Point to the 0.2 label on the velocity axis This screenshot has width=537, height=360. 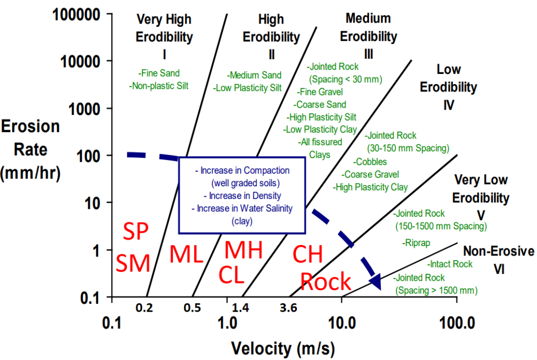click(x=144, y=308)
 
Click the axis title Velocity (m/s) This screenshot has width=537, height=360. click(x=284, y=347)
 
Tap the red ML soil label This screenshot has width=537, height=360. click(x=186, y=255)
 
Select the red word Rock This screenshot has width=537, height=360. click(x=325, y=282)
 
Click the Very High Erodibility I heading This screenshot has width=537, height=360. click(x=164, y=37)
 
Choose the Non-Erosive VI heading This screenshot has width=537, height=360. click(x=498, y=260)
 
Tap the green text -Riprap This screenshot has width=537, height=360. click(x=417, y=242)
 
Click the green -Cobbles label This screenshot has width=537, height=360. click(x=372, y=162)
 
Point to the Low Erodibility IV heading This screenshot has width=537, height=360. click(x=448, y=87)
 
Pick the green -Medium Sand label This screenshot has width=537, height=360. click(x=254, y=75)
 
